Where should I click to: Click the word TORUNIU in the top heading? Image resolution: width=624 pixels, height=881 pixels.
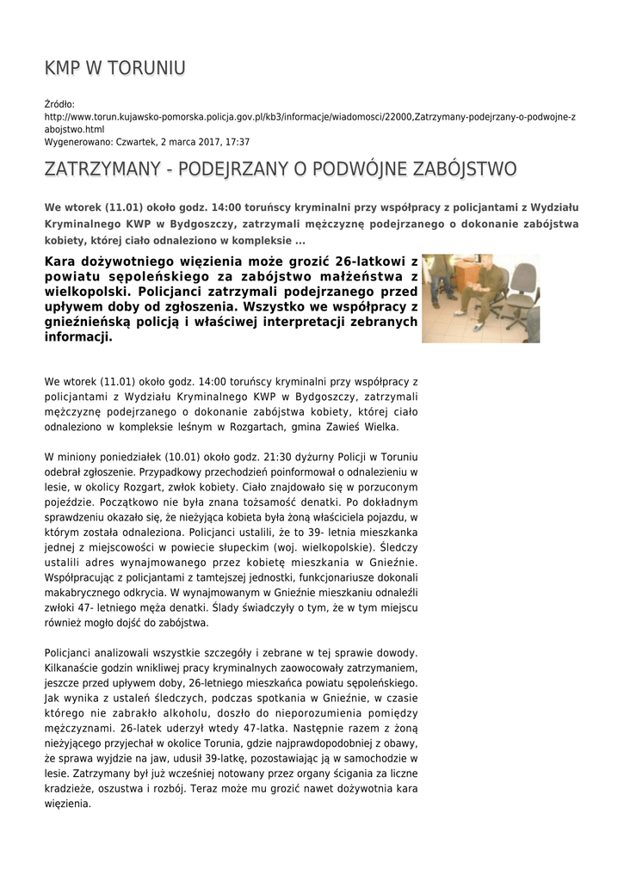coord(144,69)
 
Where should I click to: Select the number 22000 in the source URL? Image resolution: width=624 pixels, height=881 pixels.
coord(397,116)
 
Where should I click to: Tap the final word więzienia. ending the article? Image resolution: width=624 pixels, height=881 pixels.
coord(67,804)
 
